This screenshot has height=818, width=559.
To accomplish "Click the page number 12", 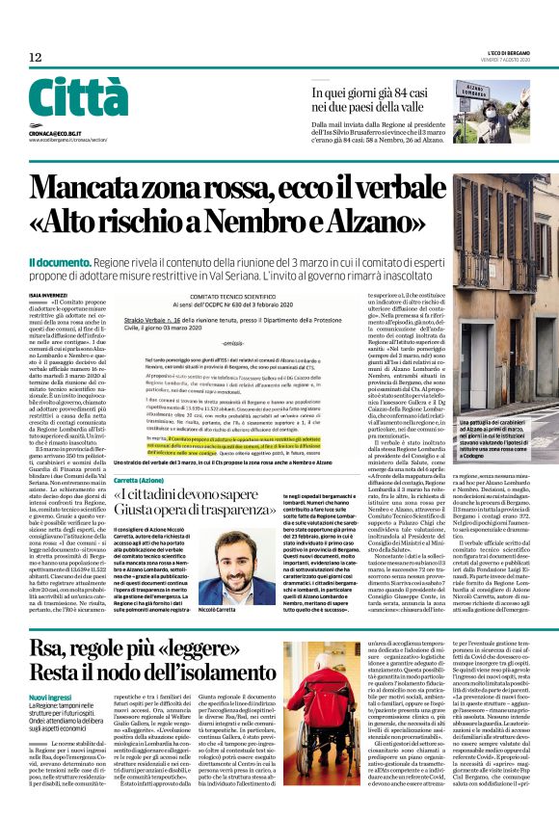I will [x=35, y=57].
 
